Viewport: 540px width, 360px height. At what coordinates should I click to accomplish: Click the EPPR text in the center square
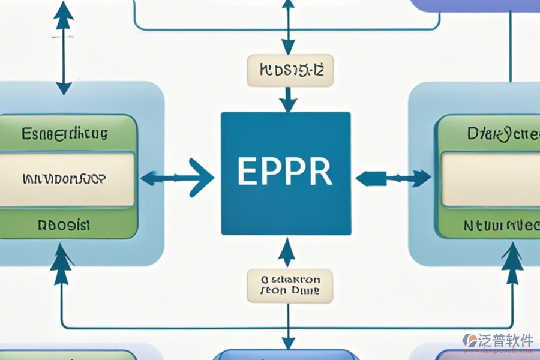click(285, 172)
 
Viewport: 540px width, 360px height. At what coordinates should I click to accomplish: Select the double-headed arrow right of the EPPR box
click(393, 178)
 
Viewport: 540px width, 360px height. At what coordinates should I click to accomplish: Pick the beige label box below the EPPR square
click(290, 285)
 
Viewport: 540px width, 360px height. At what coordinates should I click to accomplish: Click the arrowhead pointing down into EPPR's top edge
click(289, 103)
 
